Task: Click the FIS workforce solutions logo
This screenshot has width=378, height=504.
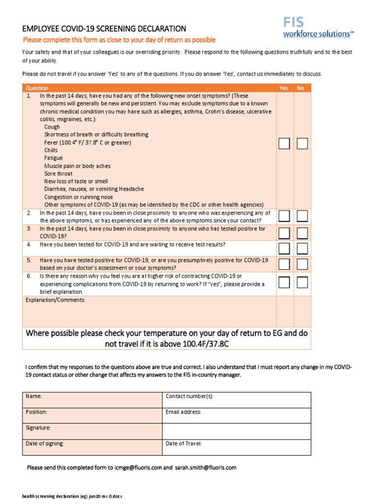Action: (318, 28)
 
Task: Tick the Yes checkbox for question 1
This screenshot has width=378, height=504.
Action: (284, 143)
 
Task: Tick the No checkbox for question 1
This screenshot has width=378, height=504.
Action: (302, 143)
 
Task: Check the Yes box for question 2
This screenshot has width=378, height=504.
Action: (284, 216)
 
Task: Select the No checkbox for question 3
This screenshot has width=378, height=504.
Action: (302, 232)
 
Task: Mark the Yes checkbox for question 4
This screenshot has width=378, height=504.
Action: (284, 248)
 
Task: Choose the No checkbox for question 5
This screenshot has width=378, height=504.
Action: (302, 264)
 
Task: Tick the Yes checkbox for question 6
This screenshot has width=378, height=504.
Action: (284, 282)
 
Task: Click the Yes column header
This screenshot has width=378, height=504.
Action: (283, 88)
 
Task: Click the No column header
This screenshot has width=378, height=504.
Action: (300, 88)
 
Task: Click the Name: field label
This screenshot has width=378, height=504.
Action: (34, 396)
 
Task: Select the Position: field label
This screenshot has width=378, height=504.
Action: (36, 412)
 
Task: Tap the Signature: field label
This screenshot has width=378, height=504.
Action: (38, 428)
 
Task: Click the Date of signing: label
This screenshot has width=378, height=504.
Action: (45, 443)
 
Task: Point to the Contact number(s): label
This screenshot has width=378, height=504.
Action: (189, 396)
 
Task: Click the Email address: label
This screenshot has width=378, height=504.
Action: (184, 412)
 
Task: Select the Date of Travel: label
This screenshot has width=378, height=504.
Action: (184, 443)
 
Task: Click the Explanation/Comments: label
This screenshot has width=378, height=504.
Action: (56, 300)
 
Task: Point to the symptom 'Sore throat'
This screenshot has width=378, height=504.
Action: (58, 174)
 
